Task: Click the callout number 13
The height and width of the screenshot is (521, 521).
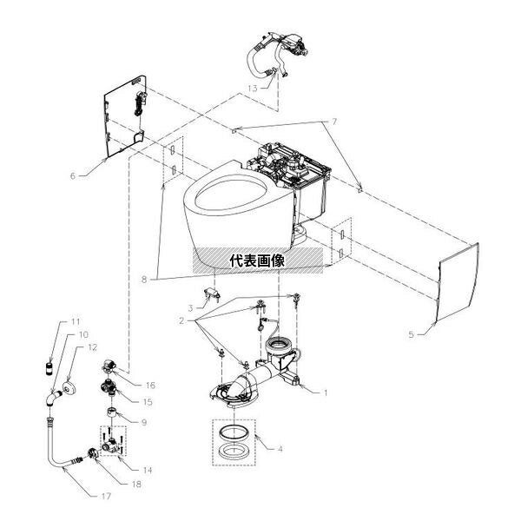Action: (251, 89)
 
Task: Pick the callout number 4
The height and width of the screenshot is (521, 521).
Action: (279, 449)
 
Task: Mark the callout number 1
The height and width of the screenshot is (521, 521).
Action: (326, 392)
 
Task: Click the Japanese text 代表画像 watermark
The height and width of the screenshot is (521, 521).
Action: (259, 260)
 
